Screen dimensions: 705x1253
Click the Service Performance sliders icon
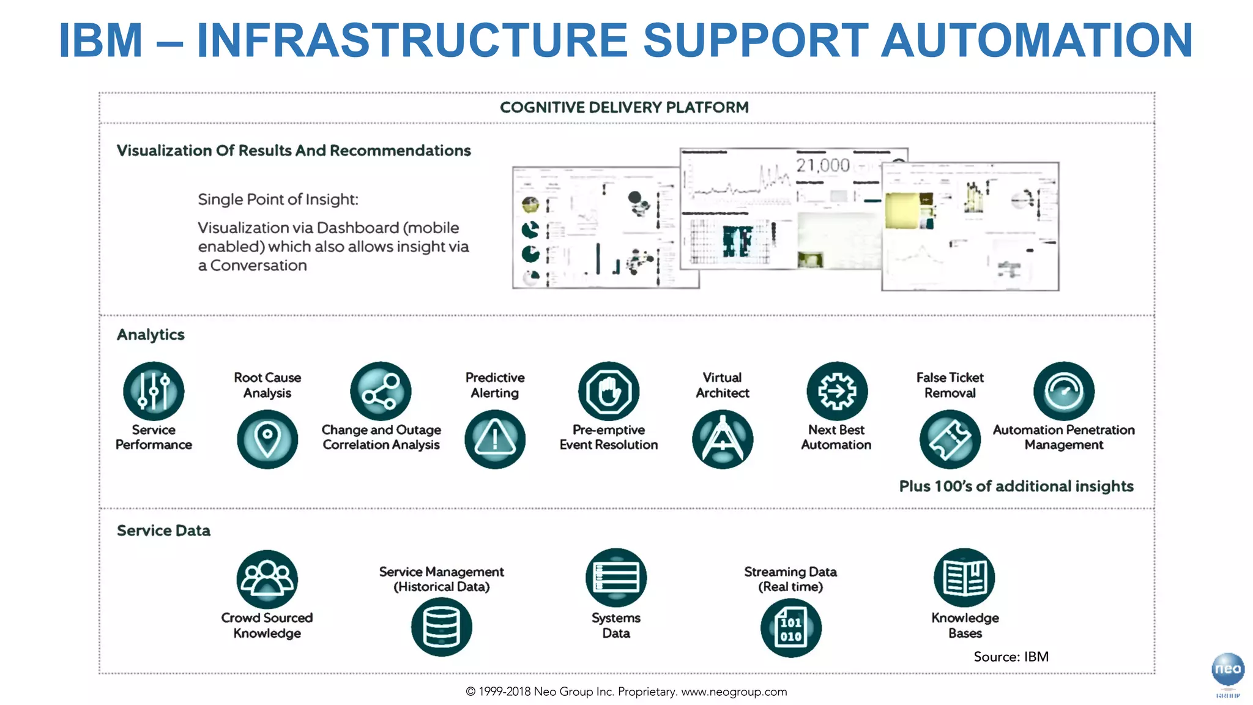154,391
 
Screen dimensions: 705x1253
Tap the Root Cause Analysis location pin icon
267,439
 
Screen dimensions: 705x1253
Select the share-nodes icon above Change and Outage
381,391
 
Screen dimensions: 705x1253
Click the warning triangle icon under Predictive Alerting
495,439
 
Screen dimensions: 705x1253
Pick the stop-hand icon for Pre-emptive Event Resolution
609,391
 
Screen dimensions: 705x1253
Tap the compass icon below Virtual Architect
723,439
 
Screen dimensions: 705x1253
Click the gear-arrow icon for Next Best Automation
837,391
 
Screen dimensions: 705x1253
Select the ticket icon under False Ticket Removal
950,439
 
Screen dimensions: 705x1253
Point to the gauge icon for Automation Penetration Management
1064,391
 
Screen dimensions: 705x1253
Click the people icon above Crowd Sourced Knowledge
267,579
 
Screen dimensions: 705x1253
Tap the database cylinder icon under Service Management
442,627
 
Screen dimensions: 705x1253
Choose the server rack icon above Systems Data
616,578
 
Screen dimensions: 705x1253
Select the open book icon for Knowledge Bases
965,578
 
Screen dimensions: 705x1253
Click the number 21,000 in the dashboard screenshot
823,165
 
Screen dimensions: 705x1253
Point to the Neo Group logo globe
1227,670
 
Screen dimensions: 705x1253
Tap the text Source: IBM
1011,657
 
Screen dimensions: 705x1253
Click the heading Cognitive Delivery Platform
624,108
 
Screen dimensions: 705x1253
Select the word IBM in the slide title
100,40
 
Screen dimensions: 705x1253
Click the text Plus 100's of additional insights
1016,487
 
